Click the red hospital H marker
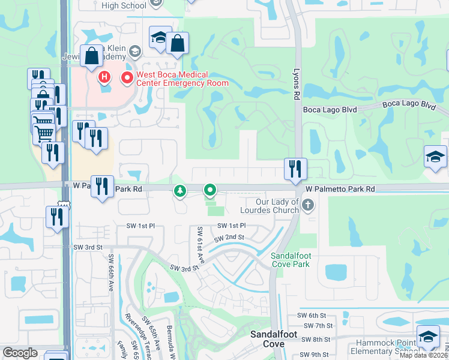pos(104,77)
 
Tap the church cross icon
pos(307,206)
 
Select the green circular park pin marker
pos(210,191)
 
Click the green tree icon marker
pos(179,191)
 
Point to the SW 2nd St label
pos(231,238)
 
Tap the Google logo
pos(20,353)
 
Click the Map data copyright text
pos(424,355)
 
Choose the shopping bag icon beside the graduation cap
pos(178,43)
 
